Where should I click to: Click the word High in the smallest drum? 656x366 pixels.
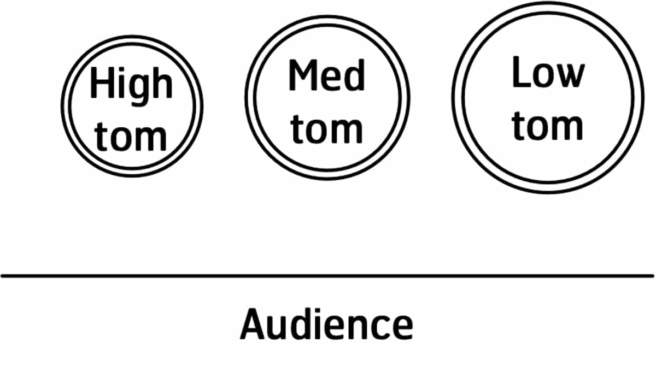coord(131,85)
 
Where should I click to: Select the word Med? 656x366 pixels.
coord(326,76)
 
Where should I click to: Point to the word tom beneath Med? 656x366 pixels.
coord(326,129)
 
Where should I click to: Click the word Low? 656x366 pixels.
coord(547,74)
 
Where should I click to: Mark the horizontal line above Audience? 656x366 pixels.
coord(328,276)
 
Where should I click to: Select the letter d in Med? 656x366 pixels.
coord(354,76)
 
